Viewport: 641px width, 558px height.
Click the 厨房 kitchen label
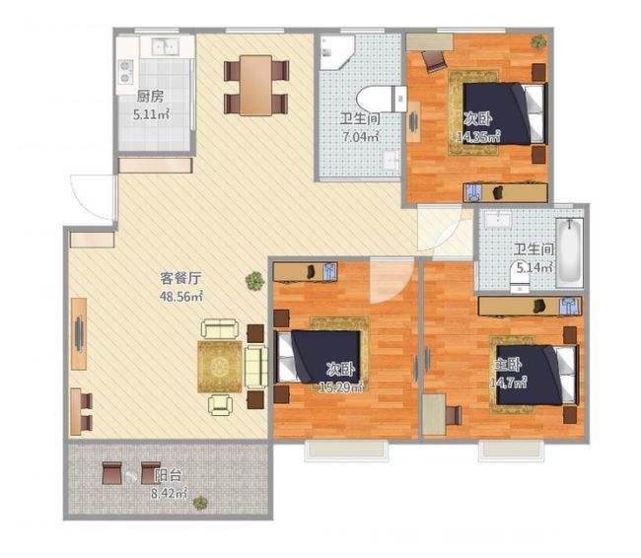[x=150, y=97]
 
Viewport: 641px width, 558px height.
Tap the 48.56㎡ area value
[x=181, y=297]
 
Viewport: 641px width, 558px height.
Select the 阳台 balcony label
[x=168, y=475]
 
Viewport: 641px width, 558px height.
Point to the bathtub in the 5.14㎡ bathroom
[x=569, y=249]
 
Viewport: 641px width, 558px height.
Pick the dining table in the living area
[x=256, y=86]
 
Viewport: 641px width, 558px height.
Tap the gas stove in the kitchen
[x=125, y=71]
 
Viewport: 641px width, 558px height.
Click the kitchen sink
[x=165, y=47]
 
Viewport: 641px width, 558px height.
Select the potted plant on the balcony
[x=200, y=503]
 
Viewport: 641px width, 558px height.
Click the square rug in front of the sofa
[x=220, y=367]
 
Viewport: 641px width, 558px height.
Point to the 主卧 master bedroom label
[x=507, y=365]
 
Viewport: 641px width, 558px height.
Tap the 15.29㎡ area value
[x=341, y=386]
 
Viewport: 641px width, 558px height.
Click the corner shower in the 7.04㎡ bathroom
[x=335, y=52]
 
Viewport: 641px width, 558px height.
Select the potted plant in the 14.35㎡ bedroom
[x=538, y=41]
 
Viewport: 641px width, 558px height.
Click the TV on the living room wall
[x=79, y=333]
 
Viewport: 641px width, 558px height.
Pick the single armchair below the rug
[x=220, y=405]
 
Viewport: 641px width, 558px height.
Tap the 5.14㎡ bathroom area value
[x=534, y=268]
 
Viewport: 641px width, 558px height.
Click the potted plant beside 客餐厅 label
[x=254, y=281]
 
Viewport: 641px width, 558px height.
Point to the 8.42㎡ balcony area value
[x=169, y=493]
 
